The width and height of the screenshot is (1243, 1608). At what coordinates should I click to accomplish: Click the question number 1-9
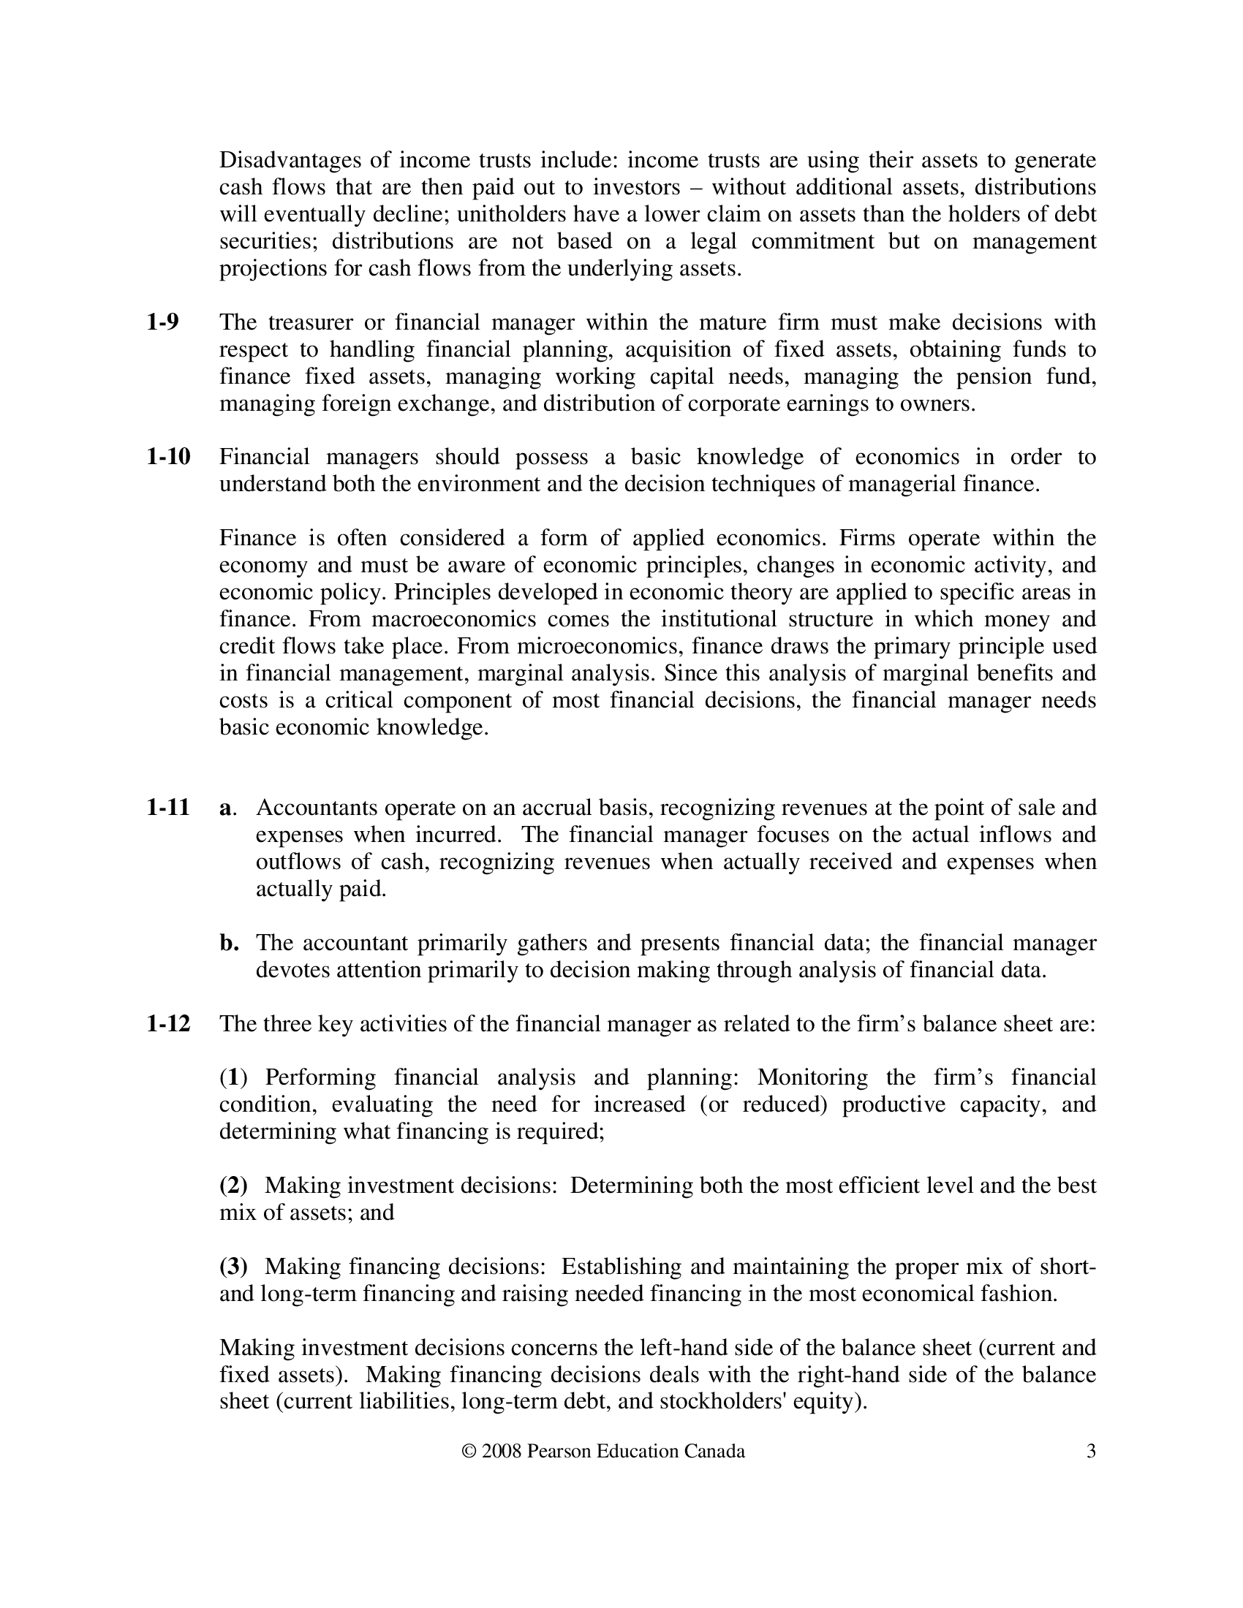162,322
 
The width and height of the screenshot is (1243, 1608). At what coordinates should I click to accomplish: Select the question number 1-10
168,457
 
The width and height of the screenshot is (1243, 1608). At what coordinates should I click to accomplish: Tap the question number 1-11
168,808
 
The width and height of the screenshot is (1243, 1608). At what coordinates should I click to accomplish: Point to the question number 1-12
168,1023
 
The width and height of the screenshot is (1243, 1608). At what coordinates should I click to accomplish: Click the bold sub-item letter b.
228,942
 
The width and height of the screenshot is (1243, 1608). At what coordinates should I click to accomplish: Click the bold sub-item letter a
224,808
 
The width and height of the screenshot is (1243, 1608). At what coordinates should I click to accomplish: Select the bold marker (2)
233,1186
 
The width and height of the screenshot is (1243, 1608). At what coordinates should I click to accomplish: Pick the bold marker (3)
233,1267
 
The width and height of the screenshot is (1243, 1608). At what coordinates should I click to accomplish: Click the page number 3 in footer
1092,1451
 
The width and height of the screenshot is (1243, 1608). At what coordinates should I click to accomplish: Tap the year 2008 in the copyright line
502,1451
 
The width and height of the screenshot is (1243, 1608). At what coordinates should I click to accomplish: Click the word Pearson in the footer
559,1451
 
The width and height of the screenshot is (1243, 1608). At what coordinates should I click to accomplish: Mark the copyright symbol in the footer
468,1451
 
